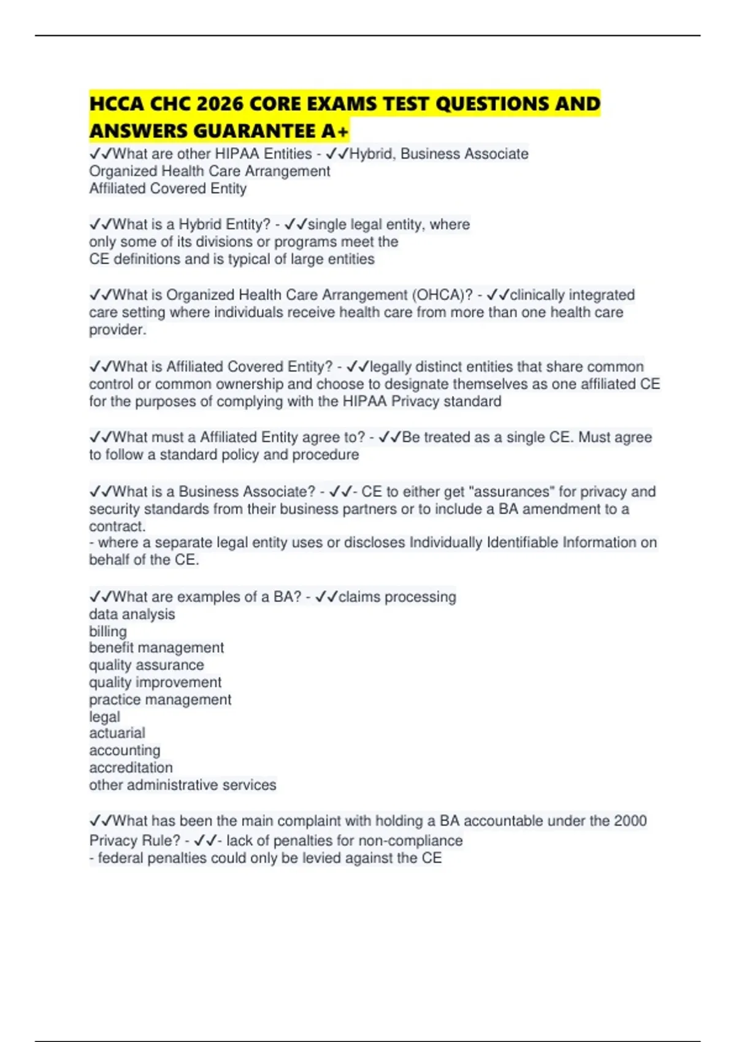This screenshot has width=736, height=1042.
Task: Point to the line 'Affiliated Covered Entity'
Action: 167,189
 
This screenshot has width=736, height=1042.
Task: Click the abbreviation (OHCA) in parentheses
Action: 442,295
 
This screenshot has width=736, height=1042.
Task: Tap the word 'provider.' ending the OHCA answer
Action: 118,330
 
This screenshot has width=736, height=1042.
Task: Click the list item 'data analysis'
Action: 132,614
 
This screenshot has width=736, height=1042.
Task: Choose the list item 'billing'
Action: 108,631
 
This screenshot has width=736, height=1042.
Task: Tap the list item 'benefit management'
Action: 156,648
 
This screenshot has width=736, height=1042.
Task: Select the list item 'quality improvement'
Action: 155,682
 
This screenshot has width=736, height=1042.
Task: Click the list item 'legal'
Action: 104,717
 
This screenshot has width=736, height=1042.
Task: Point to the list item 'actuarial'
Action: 117,733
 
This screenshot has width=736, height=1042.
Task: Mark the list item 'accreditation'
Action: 131,767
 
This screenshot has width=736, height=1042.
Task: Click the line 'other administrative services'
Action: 183,785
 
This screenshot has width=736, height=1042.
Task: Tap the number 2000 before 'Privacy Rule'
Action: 629,821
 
